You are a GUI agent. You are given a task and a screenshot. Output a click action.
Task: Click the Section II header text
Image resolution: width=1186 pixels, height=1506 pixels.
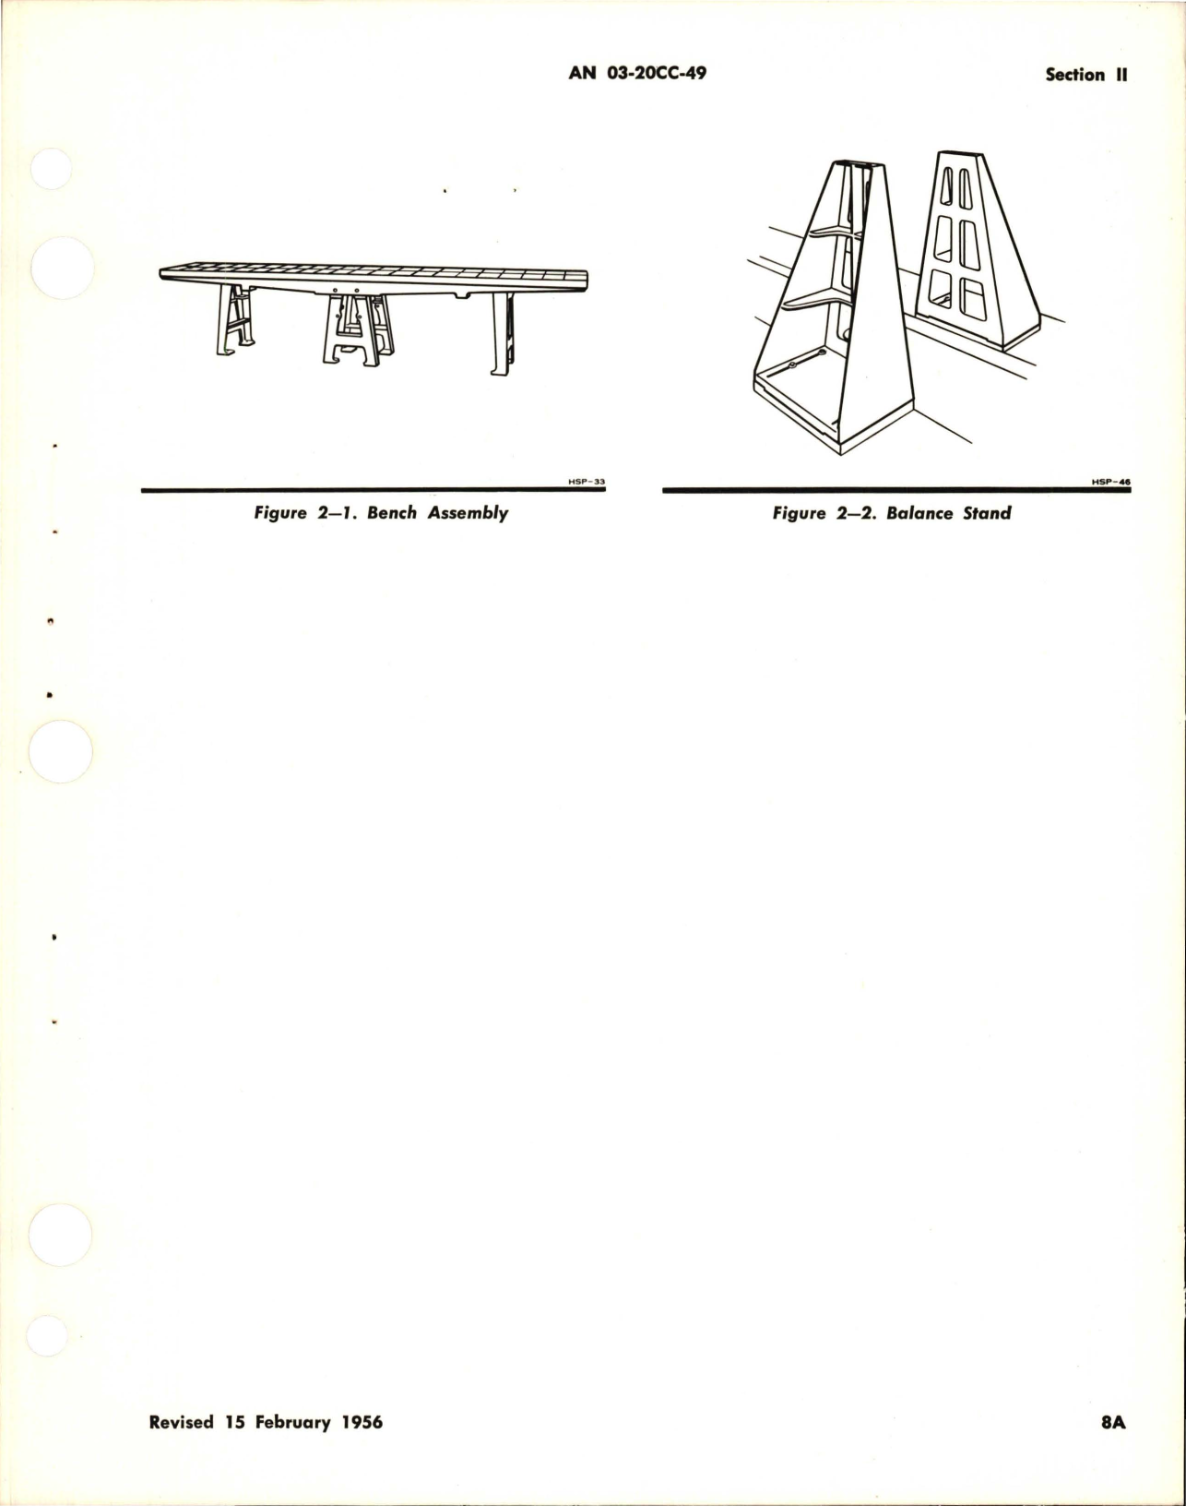pos(1086,76)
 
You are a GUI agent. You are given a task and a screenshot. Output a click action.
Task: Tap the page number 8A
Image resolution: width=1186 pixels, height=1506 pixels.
pos(1113,1448)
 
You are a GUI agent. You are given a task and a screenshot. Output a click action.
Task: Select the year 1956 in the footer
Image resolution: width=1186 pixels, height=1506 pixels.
pos(361,1448)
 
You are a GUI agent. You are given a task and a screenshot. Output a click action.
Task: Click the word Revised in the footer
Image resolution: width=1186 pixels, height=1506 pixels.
pos(182,1448)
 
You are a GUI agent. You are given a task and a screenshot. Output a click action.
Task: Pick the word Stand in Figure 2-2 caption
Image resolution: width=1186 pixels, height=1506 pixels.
pos(988,513)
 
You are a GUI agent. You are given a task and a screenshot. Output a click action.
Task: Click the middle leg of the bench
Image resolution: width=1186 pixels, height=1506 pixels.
pos(357,331)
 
